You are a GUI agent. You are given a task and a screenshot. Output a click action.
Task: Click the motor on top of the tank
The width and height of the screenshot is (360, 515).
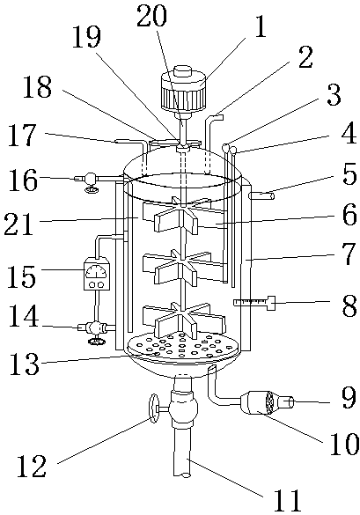click(183, 91)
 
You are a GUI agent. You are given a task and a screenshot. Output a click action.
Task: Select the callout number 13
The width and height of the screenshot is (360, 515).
click(25, 364)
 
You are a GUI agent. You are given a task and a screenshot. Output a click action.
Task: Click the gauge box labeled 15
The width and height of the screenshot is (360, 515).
click(97, 274)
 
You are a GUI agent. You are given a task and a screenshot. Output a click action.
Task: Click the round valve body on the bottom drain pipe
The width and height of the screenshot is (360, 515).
click(184, 408)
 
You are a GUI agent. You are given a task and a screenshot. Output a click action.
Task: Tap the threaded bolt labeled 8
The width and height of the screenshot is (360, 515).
click(253, 302)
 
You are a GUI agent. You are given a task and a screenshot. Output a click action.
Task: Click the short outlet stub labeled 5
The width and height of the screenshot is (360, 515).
click(261, 196)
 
